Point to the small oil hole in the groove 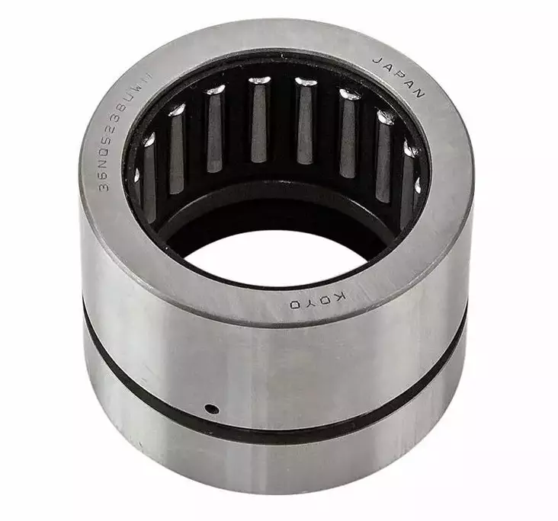pos(213,410)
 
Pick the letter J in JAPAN pos(379,59)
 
